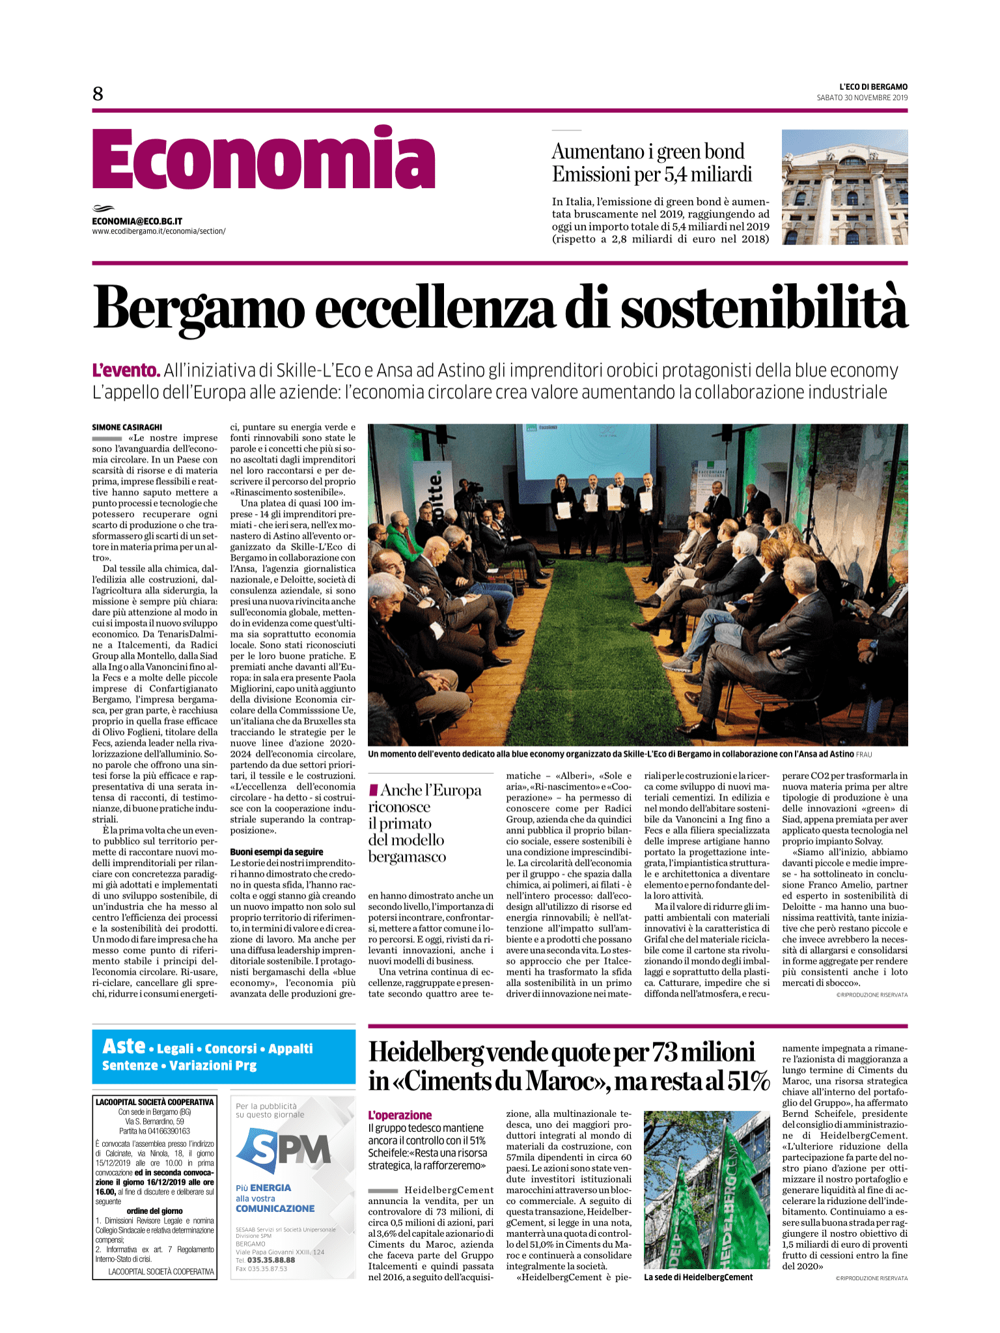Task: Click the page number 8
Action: (x=98, y=94)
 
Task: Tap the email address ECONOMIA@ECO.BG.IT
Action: (x=137, y=221)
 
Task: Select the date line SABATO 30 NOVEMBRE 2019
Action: (x=862, y=98)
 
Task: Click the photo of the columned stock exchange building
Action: (x=844, y=187)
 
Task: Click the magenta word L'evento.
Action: (x=126, y=371)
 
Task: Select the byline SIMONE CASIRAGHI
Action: (x=127, y=427)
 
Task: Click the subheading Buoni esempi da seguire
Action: (x=277, y=851)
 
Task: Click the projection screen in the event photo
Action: (x=586, y=456)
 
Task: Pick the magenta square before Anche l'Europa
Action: (x=373, y=790)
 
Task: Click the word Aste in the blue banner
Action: (x=124, y=1046)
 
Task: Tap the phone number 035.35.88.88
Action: (x=271, y=1260)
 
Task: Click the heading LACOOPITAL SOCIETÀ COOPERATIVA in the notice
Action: (x=154, y=1102)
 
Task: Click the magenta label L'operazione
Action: (x=400, y=1115)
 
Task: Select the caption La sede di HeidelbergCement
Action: (x=698, y=1278)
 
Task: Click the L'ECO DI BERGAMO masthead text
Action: (x=873, y=87)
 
